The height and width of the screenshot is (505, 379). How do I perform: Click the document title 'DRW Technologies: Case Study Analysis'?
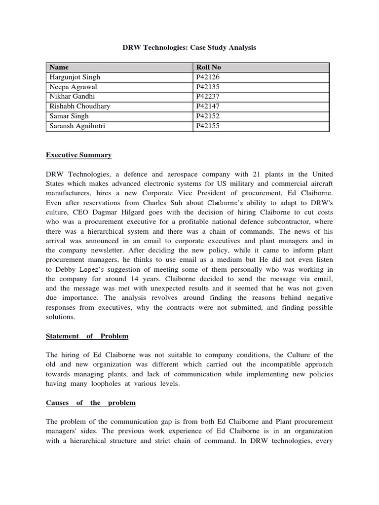tap(189, 48)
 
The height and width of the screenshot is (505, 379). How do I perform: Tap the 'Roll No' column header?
tap(210, 67)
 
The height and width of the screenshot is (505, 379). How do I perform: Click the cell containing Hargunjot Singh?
tap(75, 77)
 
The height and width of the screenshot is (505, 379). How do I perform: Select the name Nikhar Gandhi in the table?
tap(72, 97)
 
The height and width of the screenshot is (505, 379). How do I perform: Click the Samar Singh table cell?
tap(69, 116)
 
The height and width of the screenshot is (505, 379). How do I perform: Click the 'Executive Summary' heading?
tap(79, 155)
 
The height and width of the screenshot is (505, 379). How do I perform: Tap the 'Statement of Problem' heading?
tap(87, 336)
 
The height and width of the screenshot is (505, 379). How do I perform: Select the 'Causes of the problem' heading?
tap(91, 403)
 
